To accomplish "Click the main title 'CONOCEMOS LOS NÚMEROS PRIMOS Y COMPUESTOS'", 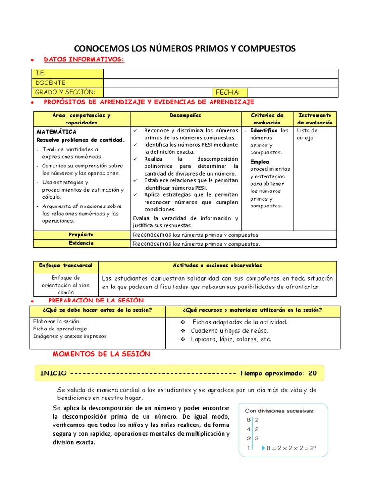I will pyautogui.click(x=185, y=49).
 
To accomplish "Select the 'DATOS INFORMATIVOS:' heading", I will pyautogui.click(x=84, y=59).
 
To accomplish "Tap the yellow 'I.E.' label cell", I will pyautogui.click(x=67, y=73).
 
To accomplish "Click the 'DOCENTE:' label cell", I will pyautogui.click(x=67, y=82).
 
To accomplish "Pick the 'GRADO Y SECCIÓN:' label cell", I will pyautogui.click(x=67, y=92).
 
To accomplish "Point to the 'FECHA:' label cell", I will pyautogui.click(x=229, y=92).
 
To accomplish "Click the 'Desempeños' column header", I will pyautogui.click(x=185, y=116).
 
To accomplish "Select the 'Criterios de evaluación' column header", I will pyautogui.click(x=267, y=119).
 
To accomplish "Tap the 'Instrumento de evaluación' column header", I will pyautogui.click(x=315, y=119).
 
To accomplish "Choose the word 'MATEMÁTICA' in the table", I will pyautogui.click(x=56, y=131).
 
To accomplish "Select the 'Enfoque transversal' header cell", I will pyautogui.click(x=66, y=266).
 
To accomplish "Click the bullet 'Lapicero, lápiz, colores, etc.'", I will pyautogui.click(x=230, y=339).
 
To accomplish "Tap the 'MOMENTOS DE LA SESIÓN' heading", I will pyautogui.click(x=101, y=354).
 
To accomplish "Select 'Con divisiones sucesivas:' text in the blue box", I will pyautogui.click(x=279, y=411).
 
